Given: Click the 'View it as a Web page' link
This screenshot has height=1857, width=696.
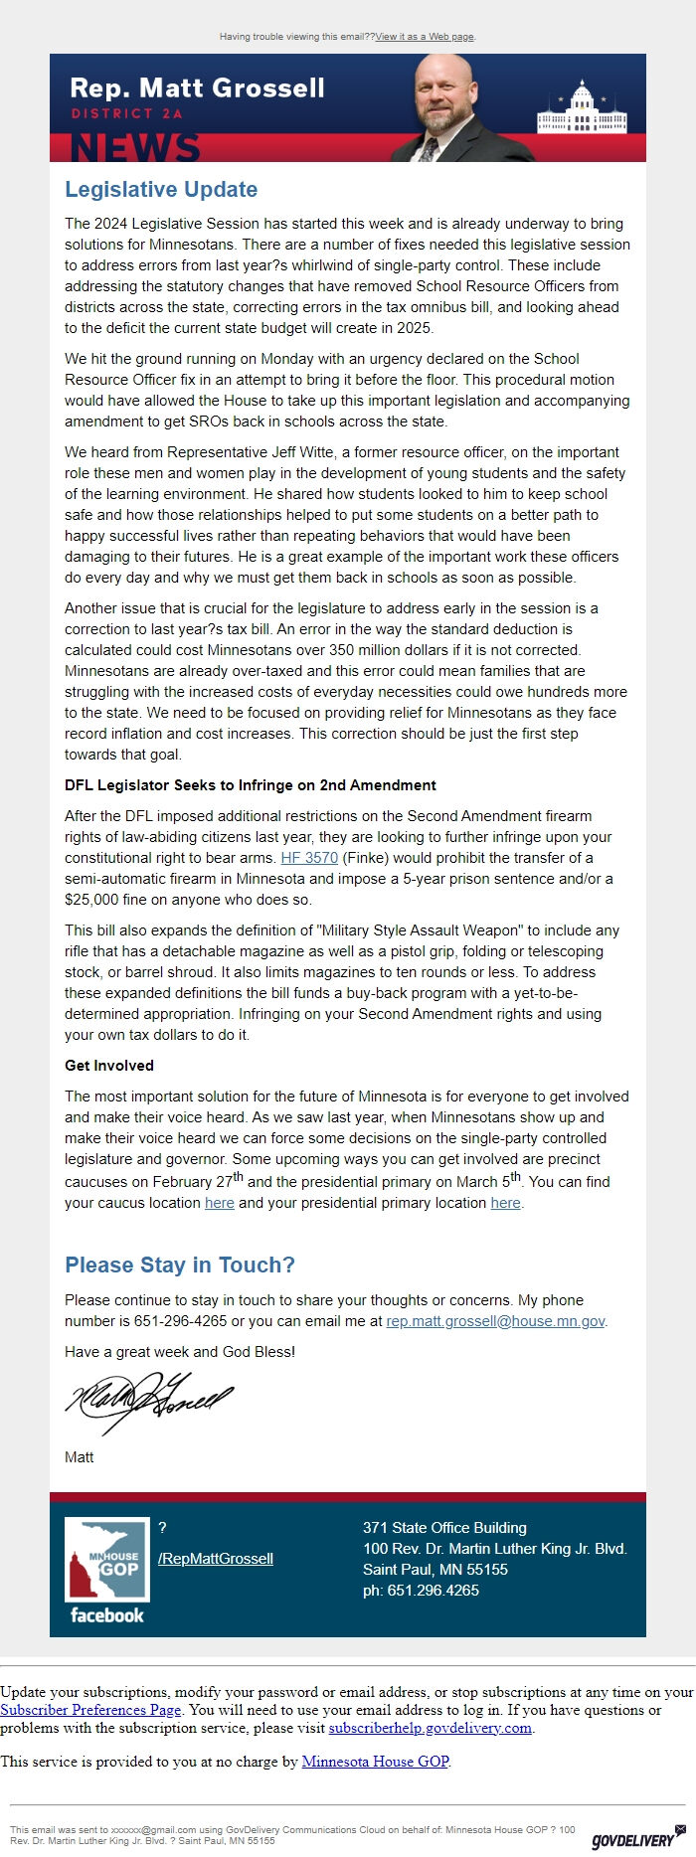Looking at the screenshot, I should pos(425,37).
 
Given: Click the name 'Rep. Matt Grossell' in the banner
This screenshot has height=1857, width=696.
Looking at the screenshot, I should pos(197,87).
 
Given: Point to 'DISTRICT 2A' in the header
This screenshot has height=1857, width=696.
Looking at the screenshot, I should pos(126,113).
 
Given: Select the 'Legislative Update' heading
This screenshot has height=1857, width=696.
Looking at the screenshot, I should pos(161,190).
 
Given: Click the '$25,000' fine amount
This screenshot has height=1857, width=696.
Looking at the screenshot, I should pos(92,900).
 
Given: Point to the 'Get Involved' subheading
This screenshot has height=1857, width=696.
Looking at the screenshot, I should pos(109,1065).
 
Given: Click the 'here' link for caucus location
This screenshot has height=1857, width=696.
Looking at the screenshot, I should pos(220,1203).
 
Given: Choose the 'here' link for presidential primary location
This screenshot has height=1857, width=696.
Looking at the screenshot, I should pos(505,1203).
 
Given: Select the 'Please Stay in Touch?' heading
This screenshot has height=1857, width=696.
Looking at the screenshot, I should pos(180,1265).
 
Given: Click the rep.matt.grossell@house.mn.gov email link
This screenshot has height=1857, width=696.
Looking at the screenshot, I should pos(495,1321).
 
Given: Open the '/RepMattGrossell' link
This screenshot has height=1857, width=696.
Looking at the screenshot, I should pos(216,1558).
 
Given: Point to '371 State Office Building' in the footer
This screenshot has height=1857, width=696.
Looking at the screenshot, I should pos(444,1527).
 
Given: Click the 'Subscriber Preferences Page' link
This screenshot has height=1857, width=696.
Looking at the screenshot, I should pos(90,1710).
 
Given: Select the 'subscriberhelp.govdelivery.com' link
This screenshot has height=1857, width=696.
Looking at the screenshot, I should pos(430,1728).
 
